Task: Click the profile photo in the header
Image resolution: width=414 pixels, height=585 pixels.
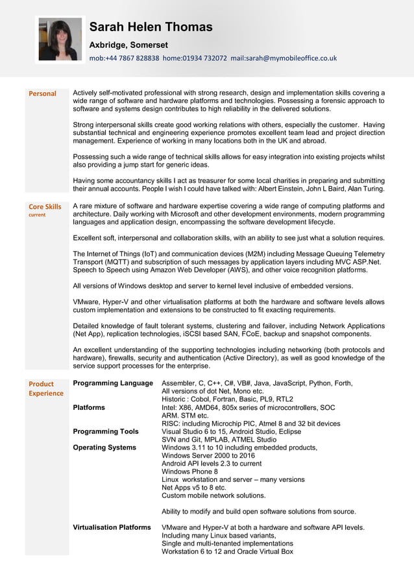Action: point(60,40)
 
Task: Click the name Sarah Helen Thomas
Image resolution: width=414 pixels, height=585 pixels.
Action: point(151,27)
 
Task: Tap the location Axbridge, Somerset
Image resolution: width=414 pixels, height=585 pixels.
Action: point(128,45)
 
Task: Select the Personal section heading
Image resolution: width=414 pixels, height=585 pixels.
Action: point(42,93)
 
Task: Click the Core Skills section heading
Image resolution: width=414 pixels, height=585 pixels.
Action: point(45,207)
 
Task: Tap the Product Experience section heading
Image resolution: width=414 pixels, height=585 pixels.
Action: point(45,388)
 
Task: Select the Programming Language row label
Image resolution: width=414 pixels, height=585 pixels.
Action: point(113,383)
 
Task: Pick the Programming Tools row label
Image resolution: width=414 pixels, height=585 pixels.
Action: point(106,431)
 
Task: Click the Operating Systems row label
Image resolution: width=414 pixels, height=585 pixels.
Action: point(104,448)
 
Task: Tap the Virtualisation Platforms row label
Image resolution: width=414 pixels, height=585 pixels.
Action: point(112,527)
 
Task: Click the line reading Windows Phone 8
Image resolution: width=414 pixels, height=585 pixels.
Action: point(189,472)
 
